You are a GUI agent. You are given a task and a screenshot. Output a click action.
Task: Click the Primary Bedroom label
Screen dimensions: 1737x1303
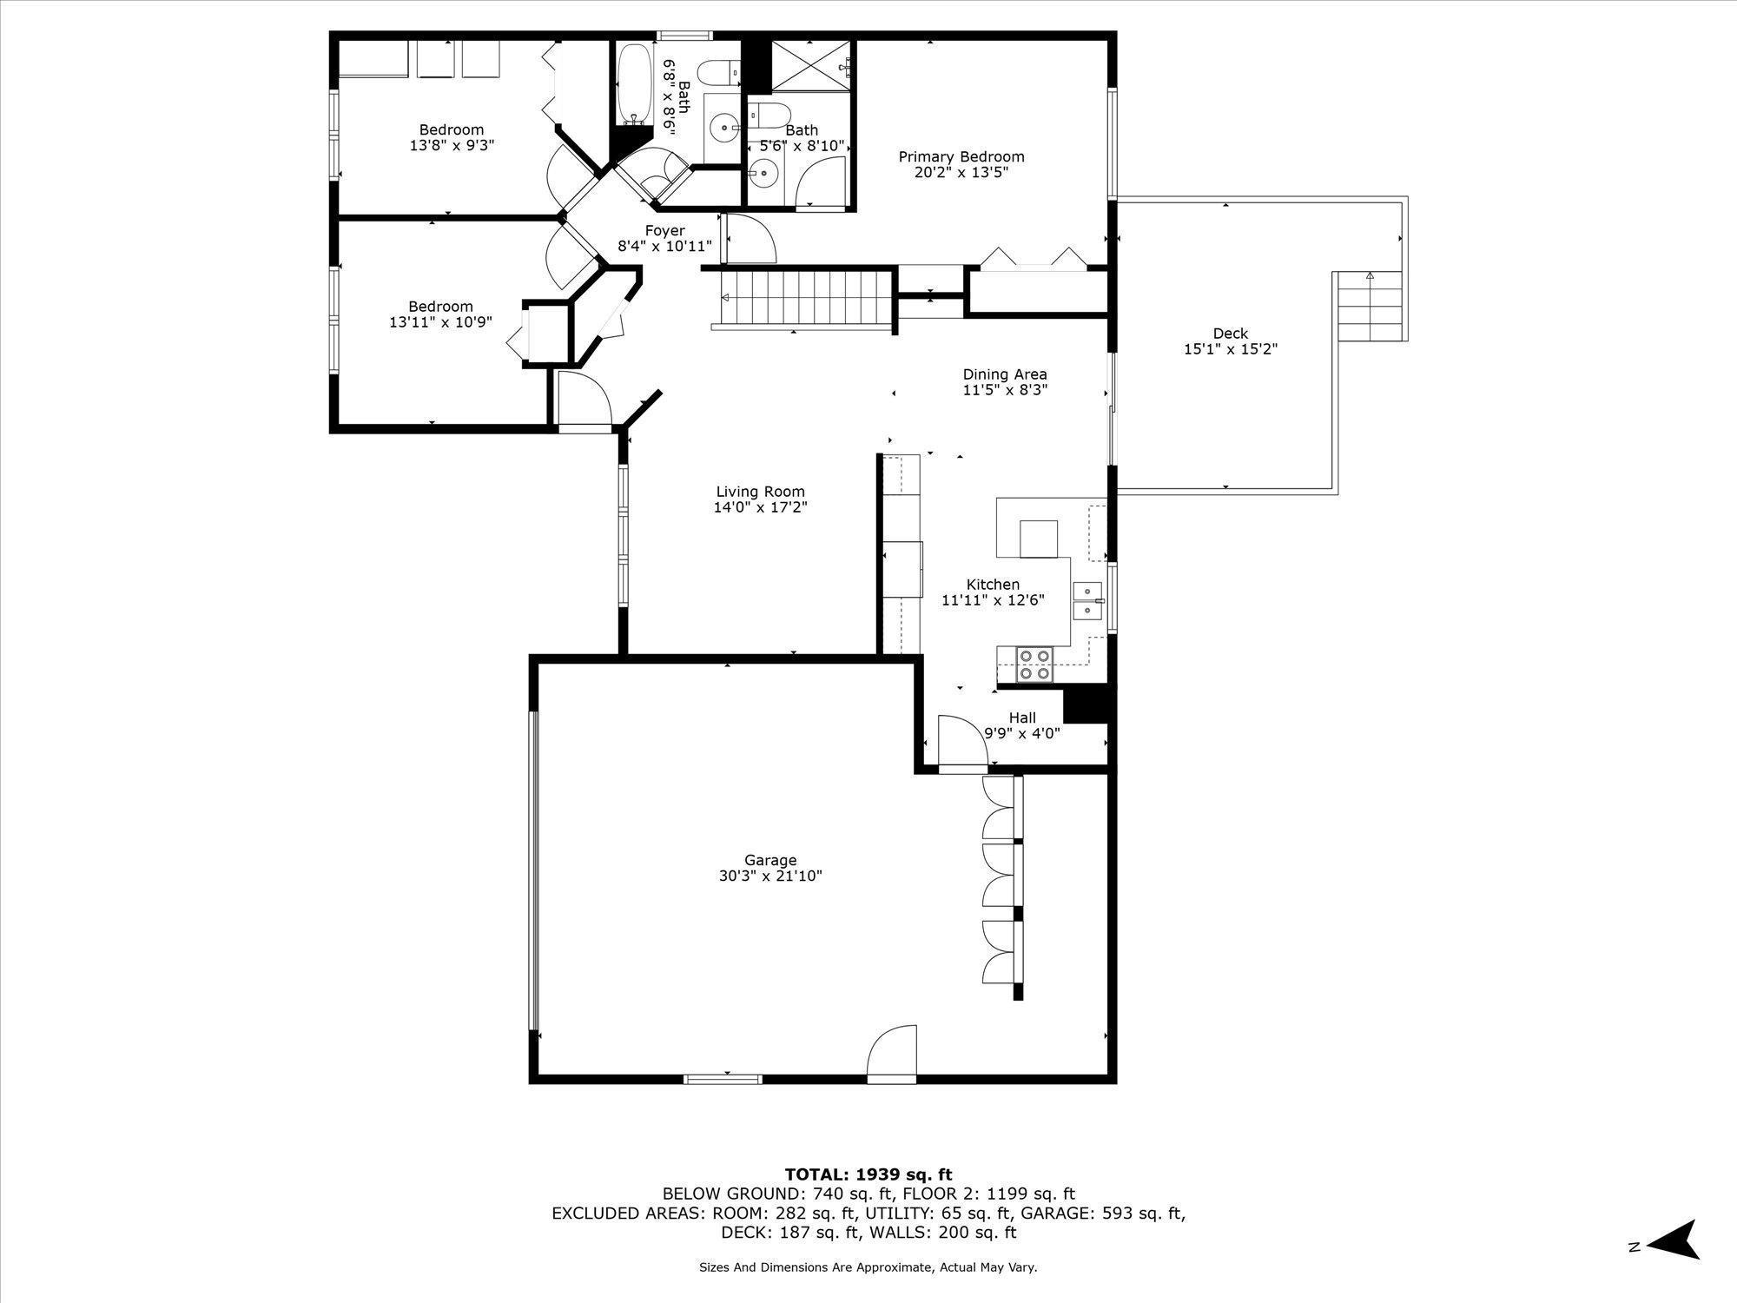coord(961,157)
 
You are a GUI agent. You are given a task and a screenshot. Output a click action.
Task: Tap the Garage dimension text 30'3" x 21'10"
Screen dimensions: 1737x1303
coord(770,876)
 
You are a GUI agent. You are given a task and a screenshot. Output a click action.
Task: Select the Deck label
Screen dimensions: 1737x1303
coord(1231,334)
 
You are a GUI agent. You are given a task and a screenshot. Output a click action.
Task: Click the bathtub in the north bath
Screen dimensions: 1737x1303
coord(635,85)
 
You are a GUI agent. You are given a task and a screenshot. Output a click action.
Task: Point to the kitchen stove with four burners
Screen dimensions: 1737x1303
coord(1034,665)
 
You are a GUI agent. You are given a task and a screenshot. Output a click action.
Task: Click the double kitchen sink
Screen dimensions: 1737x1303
coord(1087,600)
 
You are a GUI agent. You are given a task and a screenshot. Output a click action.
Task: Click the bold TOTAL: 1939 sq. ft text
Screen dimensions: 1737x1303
coord(868,1175)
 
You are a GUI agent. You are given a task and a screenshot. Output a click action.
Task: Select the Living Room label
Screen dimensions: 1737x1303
coord(761,492)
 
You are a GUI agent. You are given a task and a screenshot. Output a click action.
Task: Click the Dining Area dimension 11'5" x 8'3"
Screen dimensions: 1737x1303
coord(1005,390)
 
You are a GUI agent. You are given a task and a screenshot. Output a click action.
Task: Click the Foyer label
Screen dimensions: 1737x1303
coord(664,231)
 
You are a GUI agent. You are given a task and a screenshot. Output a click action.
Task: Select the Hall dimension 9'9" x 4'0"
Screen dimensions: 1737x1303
coord(1022,733)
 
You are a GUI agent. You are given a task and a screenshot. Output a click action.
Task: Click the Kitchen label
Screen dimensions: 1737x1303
coord(993,585)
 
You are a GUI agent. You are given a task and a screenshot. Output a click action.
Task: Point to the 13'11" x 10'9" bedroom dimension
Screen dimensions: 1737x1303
coord(441,321)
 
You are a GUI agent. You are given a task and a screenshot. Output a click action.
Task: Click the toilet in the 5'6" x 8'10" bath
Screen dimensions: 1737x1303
coord(769,113)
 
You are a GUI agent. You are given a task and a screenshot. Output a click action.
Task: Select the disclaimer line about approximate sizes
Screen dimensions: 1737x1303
coord(868,1267)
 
